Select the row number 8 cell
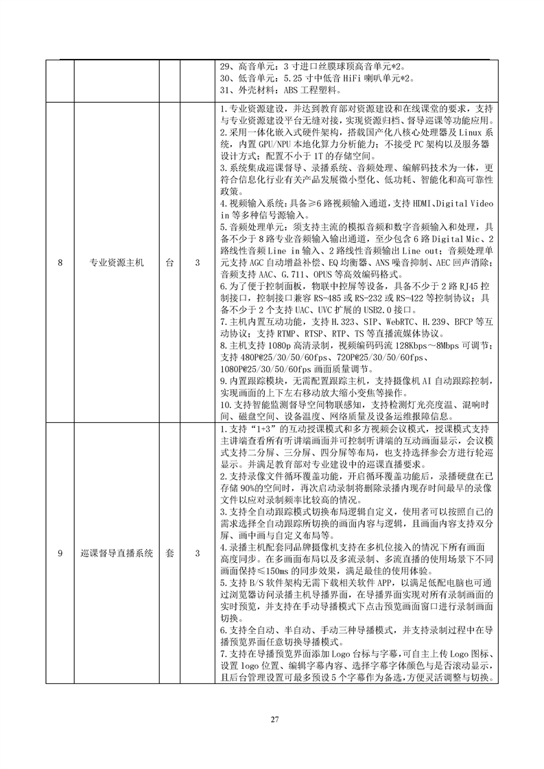60,263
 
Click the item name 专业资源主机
117,263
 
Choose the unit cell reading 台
169,263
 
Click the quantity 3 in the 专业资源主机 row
198,263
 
